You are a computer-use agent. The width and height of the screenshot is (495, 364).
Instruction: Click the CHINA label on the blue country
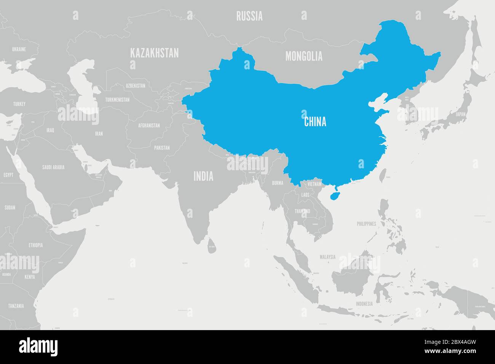[315, 122]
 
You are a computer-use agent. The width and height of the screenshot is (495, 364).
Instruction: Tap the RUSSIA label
[249, 16]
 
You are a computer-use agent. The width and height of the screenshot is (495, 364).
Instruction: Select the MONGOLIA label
[304, 56]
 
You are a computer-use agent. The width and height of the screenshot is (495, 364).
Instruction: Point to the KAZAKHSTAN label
[154, 53]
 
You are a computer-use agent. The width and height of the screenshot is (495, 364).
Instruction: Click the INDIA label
[203, 176]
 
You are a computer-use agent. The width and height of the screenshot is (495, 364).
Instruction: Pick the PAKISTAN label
[162, 148]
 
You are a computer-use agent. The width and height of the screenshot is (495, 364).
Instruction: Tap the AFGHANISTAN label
[149, 125]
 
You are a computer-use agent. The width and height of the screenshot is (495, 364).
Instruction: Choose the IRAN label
[99, 134]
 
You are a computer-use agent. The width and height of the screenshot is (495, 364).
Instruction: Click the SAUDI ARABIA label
[53, 167]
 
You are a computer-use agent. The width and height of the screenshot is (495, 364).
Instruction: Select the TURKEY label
[19, 104]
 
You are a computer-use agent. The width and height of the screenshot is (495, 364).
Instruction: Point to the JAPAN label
[461, 114]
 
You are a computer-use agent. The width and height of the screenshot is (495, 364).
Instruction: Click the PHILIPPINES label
[366, 224]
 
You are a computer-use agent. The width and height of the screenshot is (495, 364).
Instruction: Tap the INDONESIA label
[364, 304]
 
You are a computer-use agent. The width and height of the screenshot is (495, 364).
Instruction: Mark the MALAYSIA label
[327, 257]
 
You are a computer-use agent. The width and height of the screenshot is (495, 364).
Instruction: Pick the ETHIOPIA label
[35, 245]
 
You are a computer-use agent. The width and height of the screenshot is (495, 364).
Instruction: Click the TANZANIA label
[16, 306]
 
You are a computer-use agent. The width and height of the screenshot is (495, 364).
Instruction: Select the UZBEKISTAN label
[135, 86]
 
